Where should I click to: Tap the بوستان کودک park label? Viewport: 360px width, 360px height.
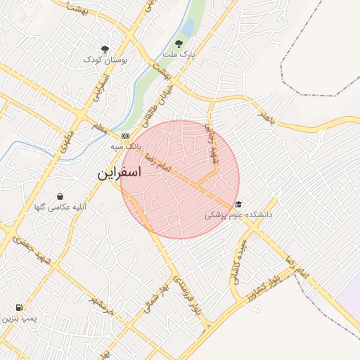(105, 60)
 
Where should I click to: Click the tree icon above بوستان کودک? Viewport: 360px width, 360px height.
(105, 49)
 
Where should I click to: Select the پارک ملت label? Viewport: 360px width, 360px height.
(178, 54)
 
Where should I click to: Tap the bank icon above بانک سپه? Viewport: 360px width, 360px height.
(125, 136)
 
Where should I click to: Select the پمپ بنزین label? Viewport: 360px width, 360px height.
(18, 319)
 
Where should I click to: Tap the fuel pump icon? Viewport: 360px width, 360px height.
(18, 307)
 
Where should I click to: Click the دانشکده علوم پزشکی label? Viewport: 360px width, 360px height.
(238, 215)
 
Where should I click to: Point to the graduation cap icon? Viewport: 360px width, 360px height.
(239, 204)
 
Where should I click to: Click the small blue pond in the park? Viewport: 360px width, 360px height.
(188, 27)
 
